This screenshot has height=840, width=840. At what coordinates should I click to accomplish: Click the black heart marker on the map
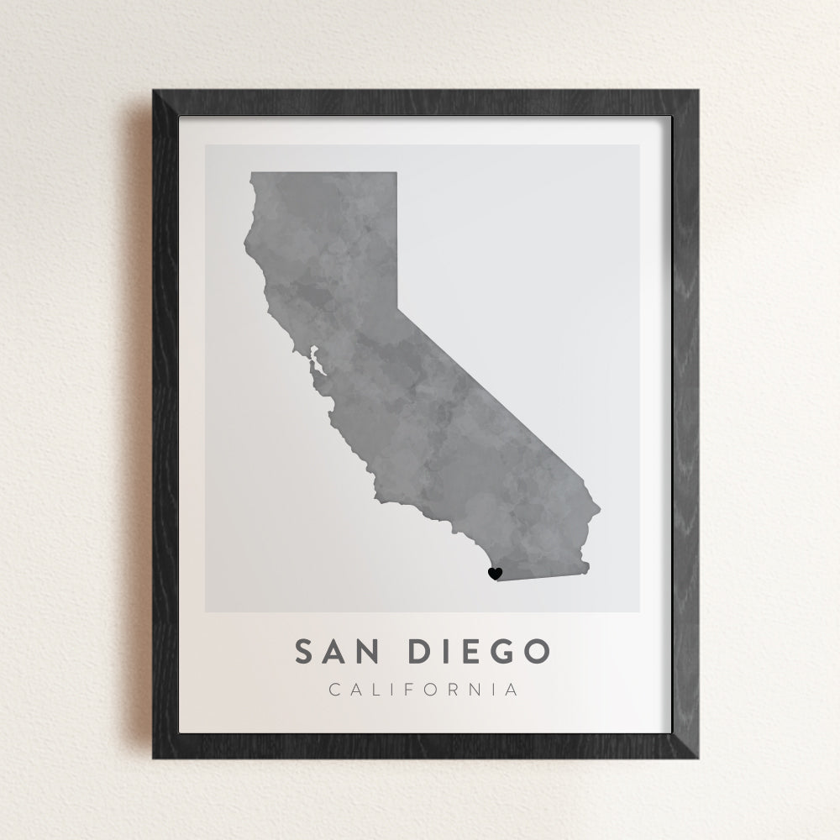coord(495,574)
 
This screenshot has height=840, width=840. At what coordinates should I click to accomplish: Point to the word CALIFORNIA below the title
coord(423,690)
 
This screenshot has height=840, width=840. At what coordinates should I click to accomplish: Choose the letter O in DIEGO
coord(536,651)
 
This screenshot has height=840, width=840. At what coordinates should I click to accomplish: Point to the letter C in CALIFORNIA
coord(334,690)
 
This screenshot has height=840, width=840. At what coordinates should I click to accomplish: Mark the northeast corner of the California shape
coord(396,173)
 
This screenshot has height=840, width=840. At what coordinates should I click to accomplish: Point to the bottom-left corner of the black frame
coord(154,759)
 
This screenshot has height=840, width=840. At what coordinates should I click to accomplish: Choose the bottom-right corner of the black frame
coord(697,759)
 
